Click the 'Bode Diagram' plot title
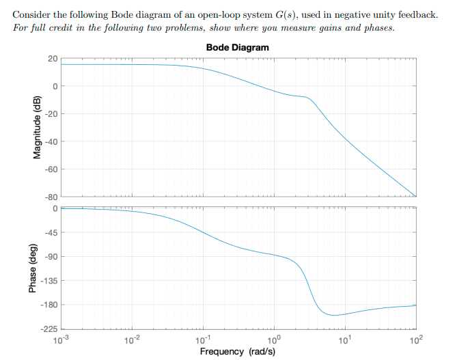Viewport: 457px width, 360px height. tap(237, 48)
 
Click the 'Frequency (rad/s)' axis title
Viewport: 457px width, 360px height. tap(237, 351)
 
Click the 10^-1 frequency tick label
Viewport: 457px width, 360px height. tap(202, 338)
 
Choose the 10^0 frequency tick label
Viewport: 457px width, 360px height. tap(273, 338)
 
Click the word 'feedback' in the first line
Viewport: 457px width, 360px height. tap(414, 16)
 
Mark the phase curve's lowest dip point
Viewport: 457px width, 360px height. tap(333, 315)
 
